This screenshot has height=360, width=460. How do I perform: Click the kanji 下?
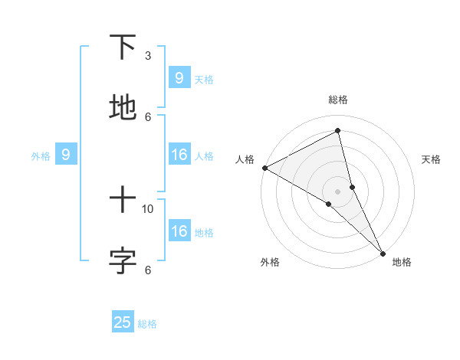pyautogui.click(x=123, y=47)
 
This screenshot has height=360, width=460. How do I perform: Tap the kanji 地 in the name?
pyautogui.click(x=123, y=107)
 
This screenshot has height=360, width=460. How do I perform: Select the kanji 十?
pyautogui.click(x=123, y=200)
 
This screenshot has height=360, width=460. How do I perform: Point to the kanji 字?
pyautogui.click(x=123, y=260)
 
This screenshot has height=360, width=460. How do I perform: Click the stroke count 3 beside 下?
pyautogui.click(x=148, y=56)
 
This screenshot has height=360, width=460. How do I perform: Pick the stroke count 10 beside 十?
pyautogui.click(x=148, y=208)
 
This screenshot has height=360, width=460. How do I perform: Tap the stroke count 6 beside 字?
pyautogui.click(x=148, y=270)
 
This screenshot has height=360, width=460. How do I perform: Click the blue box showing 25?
pyautogui.click(x=123, y=322)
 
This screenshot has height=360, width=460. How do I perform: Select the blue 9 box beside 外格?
pyautogui.click(x=66, y=155)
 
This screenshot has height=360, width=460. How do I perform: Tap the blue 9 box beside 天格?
pyautogui.click(x=179, y=77)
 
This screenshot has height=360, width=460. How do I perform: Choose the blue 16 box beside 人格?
pyautogui.click(x=179, y=155)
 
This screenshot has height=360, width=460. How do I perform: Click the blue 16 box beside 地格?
pyautogui.click(x=179, y=231)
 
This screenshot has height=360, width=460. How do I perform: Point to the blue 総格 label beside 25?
pyautogui.click(x=147, y=324)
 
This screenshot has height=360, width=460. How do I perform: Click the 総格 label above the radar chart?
pyautogui.click(x=337, y=100)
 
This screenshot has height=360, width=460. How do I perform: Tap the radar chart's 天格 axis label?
pyautogui.click(x=431, y=159)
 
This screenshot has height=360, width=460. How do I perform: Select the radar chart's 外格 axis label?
pyautogui.click(x=270, y=262)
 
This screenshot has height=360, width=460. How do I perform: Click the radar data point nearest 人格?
pyautogui.click(x=264, y=168)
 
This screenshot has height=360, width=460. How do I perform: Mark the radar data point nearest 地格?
pyautogui.click(x=383, y=253)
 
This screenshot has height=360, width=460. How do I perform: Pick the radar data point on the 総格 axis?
pyautogui.click(x=337, y=131)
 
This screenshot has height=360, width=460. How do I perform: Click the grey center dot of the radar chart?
pyautogui.click(x=337, y=191)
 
